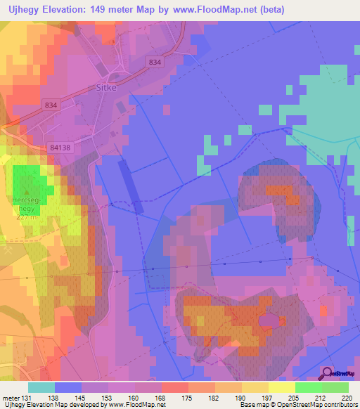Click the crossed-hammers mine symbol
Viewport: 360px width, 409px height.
click(x=7, y=249)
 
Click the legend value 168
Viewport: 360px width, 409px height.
click(x=160, y=398)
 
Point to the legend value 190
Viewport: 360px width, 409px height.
click(x=239, y=398)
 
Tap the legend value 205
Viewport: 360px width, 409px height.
click(x=292, y=398)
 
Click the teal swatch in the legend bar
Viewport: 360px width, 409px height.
click(x=41, y=387)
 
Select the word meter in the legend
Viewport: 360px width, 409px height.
click(x=11, y=398)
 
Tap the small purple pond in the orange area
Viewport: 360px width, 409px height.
click(x=269, y=320)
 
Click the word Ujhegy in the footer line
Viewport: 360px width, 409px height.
click(x=14, y=405)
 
